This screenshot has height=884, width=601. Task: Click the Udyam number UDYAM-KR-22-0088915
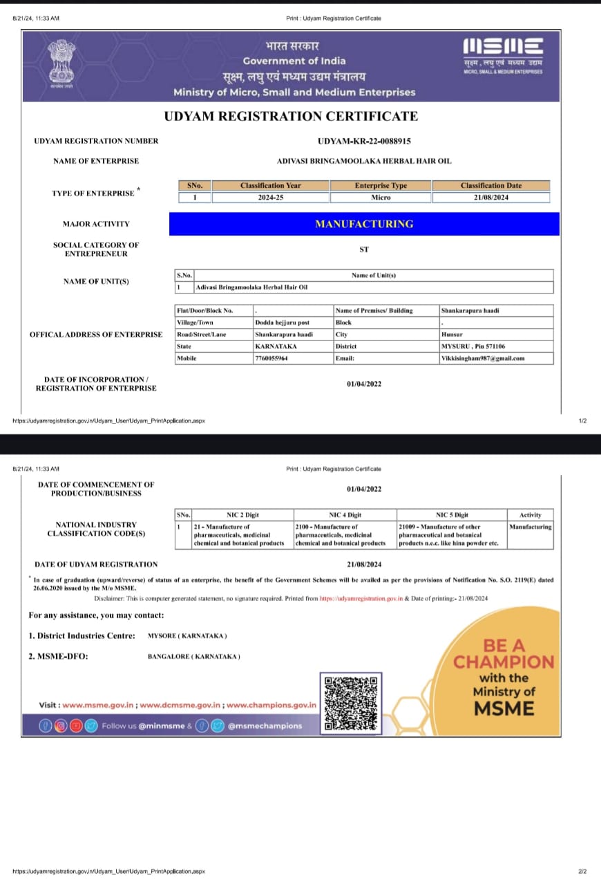tap(364, 141)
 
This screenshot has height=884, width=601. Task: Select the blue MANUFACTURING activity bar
tap(364, 224)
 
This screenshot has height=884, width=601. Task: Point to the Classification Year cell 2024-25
tap(271, 198)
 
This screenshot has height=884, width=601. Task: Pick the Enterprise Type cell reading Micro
tap(381, 198)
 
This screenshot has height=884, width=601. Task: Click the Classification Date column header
tap(491, 185)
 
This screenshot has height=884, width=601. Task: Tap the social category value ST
tap(364, 249)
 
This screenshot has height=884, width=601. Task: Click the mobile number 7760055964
tap(271, 358)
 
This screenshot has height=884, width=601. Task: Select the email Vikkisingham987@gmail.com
tap(483, 358)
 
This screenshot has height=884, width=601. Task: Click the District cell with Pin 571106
tap(473, 346)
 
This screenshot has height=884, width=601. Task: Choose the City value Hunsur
tap(452, 334)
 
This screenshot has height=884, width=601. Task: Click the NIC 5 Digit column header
tap(452, 515)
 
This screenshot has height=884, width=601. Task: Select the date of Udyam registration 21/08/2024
tap(364, 564)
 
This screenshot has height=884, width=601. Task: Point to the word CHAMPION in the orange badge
tap(504, 662)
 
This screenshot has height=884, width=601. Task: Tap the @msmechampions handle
tap(265, 726)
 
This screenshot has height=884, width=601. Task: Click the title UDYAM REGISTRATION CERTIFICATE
tap(291, 116)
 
